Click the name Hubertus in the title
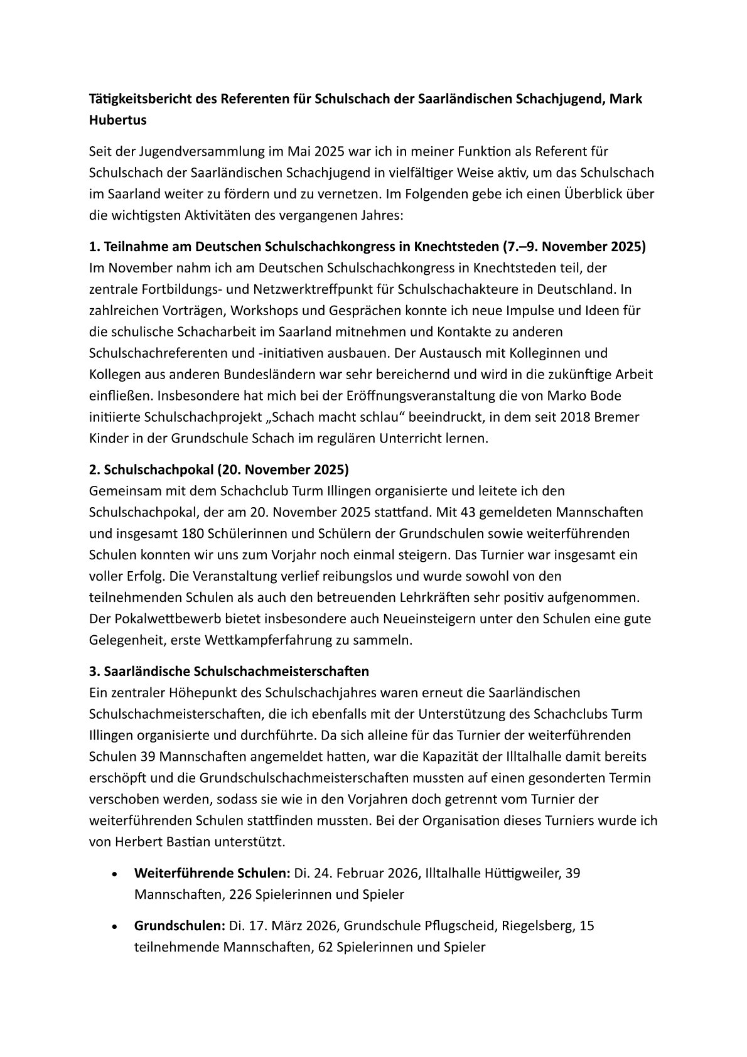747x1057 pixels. pos(118,121)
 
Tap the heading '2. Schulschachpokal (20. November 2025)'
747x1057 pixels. pos(219,469)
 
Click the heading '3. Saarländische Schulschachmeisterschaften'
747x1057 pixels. pos(229,671)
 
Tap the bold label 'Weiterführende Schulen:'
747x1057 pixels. pos(212,873)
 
